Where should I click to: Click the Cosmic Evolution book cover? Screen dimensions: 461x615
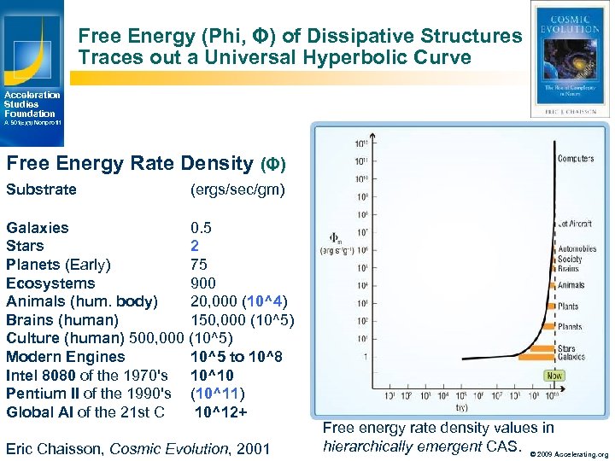point(570,59)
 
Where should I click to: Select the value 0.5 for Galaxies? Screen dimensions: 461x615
point(201,228)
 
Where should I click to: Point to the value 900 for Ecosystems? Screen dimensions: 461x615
point(203,283)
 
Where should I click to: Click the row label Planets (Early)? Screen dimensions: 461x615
point(58,264)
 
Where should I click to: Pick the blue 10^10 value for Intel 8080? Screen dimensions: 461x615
point(212,375)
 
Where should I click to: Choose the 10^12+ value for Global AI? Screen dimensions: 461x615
point(220,412)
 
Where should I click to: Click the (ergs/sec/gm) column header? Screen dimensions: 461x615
point(237,190)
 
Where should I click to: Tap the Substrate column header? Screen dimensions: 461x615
point(41,190)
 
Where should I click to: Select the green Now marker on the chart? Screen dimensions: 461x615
point(554,376)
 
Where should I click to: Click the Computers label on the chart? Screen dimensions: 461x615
point(576,159)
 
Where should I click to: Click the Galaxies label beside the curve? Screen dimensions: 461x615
point(573,358)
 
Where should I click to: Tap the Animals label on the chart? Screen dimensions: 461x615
point(571,286)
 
